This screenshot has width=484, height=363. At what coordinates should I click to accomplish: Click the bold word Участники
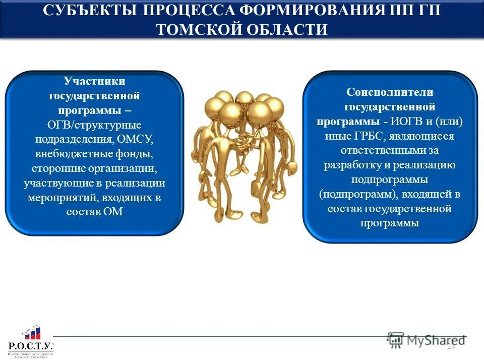94,81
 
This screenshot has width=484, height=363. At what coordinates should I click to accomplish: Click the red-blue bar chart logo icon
31,333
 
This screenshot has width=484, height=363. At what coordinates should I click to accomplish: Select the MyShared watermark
426,340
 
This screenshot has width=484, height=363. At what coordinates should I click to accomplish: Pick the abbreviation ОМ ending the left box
115,212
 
